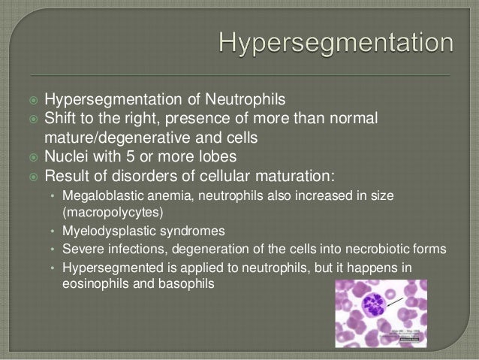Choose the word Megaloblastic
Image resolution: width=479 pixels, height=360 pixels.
coord(101,197)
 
